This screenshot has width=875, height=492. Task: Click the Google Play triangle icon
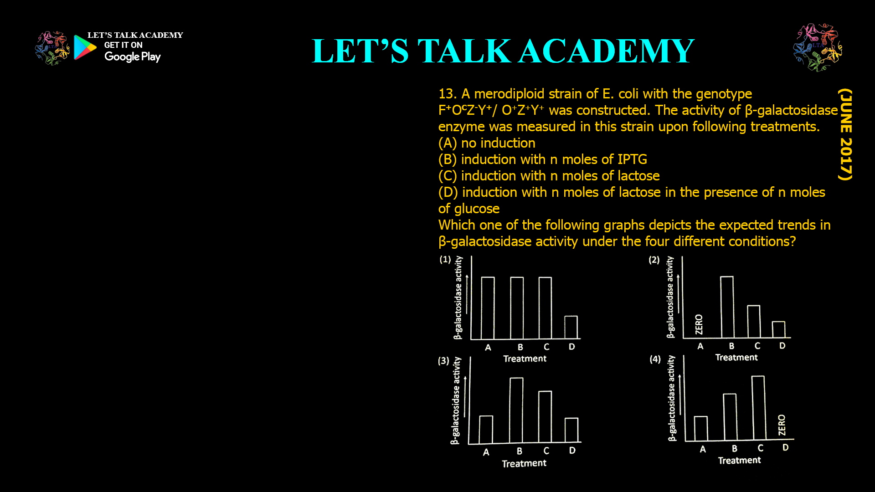85,47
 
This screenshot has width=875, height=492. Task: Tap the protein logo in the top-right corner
818,47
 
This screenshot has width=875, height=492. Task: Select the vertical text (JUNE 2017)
845,134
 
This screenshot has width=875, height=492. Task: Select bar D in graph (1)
571,327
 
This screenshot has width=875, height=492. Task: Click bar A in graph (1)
488,308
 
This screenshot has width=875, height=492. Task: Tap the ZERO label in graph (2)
699,324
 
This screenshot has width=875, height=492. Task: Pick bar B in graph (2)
727,307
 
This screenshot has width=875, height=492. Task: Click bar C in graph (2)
754,321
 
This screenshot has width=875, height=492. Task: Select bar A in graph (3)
486,429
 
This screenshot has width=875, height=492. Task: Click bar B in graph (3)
516,410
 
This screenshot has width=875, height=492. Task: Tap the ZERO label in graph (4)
782,425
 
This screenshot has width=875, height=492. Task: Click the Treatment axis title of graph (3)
524,463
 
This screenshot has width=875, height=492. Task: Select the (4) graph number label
655,359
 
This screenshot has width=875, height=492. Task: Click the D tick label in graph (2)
782,346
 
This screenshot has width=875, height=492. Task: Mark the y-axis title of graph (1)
458,297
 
